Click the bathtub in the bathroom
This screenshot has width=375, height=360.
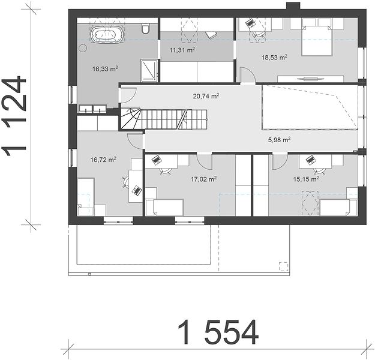108,35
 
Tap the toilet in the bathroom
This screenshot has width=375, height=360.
145,28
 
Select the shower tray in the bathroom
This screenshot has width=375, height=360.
149,70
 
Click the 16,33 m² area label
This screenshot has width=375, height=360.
105,69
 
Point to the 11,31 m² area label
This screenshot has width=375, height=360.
182,50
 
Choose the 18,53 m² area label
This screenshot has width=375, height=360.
274,58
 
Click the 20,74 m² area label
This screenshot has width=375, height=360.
206,96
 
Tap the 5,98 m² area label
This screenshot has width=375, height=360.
280,140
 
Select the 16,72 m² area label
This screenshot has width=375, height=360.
103,160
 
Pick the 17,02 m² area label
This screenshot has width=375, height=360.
204,179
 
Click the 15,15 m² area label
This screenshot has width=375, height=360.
306,179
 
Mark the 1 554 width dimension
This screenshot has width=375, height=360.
218,332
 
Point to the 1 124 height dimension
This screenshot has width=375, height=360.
14,116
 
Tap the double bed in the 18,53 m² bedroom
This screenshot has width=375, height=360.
317,40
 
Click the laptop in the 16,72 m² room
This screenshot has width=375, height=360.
137,191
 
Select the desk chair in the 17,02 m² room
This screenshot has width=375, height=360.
166,171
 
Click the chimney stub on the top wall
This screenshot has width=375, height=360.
293,6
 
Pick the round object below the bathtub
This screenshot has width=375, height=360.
83,49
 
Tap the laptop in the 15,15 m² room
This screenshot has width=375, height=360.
310,160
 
